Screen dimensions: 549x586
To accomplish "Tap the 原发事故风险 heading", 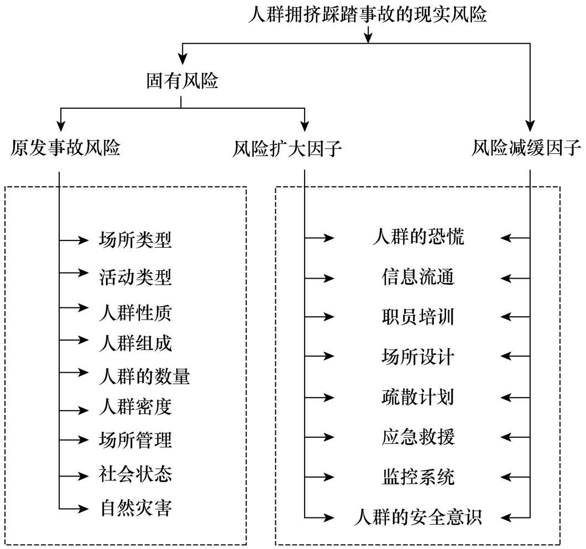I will [x=65, y=148].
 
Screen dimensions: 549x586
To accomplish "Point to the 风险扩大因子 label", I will [x=287, y=149].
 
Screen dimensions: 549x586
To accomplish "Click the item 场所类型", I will [x=135, y=240].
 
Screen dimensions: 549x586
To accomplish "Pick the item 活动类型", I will [x=135, y=276].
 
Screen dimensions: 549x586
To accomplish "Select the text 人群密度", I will [x=135, y=407].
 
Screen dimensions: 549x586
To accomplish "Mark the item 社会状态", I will [x=135, y=474].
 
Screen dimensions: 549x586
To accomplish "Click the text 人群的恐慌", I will [x=418, y=237].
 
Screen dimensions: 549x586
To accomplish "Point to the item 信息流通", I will [x=418, y=276].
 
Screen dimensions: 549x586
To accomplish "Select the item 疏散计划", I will [x=418, y=397].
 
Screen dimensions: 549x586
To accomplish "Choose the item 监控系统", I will [x=418, y=476].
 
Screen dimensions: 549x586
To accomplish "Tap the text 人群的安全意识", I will [x=418, y=517].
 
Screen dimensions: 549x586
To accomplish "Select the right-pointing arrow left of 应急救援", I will [x=328, y=437].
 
